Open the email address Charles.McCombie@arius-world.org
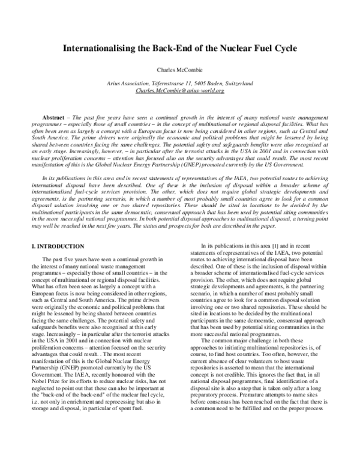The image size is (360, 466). pos(180,90)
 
